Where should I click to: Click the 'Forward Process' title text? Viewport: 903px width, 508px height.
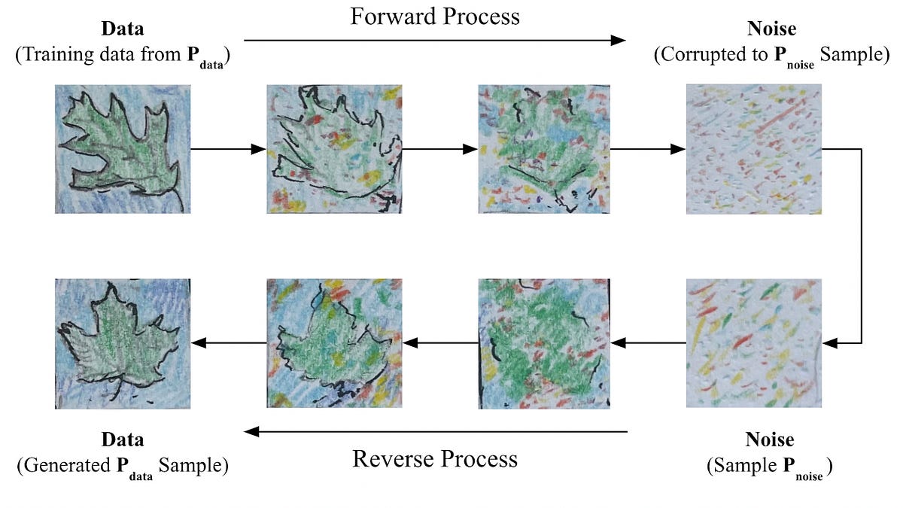434,17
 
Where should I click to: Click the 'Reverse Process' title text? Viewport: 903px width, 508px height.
435,458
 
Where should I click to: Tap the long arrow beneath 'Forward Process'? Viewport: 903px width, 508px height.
435,40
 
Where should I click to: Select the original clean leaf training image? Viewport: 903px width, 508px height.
123,149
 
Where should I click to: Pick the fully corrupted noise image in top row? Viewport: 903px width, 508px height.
753,149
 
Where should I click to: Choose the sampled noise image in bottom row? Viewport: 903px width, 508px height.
753,343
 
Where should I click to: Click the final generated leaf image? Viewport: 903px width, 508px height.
123,343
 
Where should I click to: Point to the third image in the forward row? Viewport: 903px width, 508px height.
544,149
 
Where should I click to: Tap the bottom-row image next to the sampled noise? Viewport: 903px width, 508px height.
544,343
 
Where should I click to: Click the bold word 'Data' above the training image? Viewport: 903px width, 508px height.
123,31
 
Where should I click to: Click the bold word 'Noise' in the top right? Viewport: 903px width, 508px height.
770,31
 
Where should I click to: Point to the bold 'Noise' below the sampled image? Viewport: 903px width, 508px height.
769,440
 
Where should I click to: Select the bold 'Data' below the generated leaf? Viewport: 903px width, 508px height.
123,440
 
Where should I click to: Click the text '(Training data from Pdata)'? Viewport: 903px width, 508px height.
123,55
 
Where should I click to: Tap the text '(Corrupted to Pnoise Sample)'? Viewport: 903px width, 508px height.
771,55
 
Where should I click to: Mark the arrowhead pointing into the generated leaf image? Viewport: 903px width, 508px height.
199,343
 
